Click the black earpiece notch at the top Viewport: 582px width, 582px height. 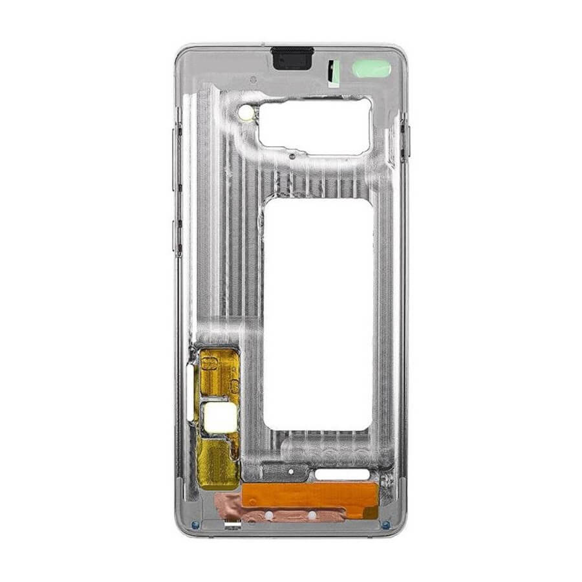(x=292, y=58)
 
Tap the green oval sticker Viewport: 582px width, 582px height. (x=371, y=69)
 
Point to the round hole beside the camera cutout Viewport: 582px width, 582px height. (x=246, y=113)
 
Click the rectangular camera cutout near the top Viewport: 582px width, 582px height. (x=315, y=126)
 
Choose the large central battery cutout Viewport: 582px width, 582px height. (x=318, y=314)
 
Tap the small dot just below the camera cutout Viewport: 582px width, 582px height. (x=292, y=156)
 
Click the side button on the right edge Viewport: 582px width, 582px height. (x=405, y=137)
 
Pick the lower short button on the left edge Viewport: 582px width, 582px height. (x=177, y=237)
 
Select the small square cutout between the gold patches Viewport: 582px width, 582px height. (x=219, y=417)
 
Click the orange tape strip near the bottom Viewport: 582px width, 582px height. (x=309, y=496)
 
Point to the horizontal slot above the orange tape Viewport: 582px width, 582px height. (x=342, y=475)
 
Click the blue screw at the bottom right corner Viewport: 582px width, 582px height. (x=386, y=524)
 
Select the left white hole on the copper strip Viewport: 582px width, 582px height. (x=268, y=515)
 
